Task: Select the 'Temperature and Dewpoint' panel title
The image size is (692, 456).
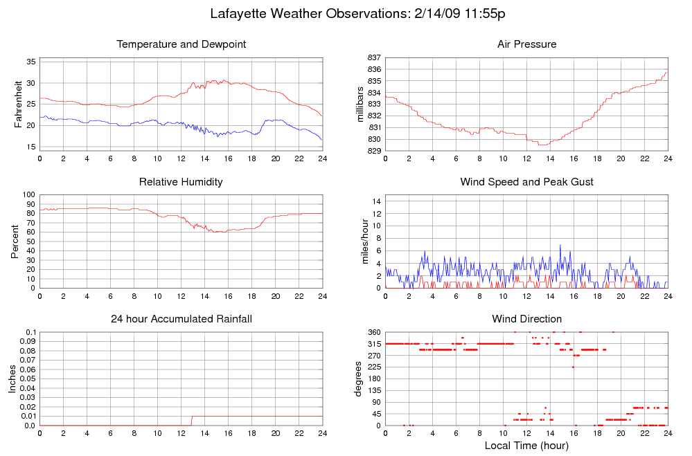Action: click(181, 44)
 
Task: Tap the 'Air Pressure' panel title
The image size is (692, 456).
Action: click(526, 44)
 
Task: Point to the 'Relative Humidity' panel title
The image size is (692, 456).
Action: click(181, 182)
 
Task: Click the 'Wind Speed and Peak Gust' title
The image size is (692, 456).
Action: click(526, 182)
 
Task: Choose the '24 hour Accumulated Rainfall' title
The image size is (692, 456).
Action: click(181, 319)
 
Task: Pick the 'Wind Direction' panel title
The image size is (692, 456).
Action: click(526, 319)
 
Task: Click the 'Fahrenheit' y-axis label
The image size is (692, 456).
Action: click(19, 104)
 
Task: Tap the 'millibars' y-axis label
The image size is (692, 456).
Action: click(360, 104)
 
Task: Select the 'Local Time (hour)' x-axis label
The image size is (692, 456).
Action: click(526, 445)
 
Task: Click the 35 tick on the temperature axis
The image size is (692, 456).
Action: click(31, 62)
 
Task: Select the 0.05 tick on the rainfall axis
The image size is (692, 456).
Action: click(27, 379)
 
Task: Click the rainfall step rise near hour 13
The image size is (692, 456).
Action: click(192, 421)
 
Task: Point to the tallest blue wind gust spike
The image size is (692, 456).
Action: click(560, 245)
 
